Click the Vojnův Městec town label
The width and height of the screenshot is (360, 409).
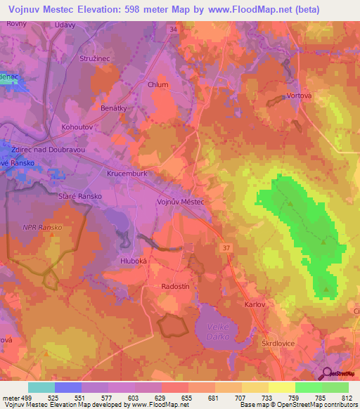point(179,202)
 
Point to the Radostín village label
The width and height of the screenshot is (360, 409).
point(176,287)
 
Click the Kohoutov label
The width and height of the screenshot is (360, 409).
point(78,128)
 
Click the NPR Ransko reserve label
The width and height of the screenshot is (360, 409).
point(43,228)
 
